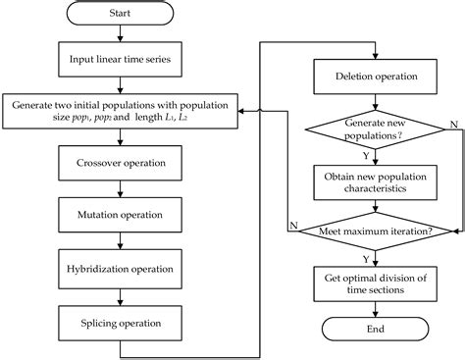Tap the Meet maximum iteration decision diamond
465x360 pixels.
coord(375,231)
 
